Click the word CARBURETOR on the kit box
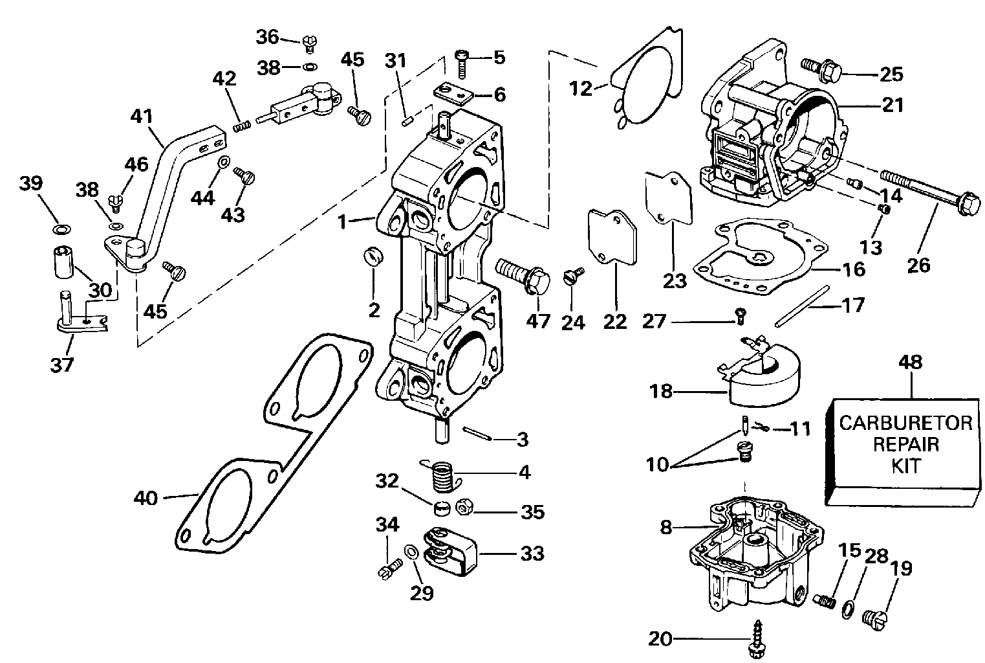(905, 423)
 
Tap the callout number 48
(911, 363)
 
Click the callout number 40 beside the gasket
(146, 499)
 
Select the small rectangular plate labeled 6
(453, 93)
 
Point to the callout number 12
(581, 88)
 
